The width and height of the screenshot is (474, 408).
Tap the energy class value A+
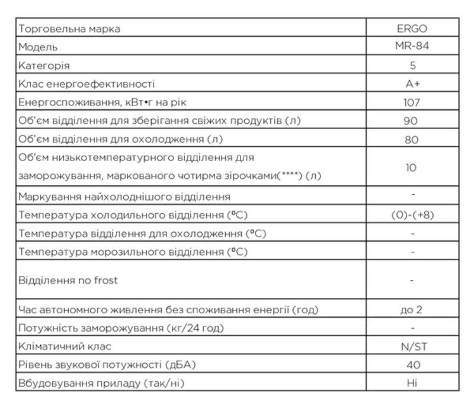click(x=412, y=83)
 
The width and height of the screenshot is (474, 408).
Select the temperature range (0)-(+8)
click(x=412, y=215)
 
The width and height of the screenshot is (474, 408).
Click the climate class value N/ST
click(x=412, y=346)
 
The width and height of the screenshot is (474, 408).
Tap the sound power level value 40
click(x=412, y=365)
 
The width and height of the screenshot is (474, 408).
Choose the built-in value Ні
click(x=412, y=383)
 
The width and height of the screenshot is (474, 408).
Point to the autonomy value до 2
click(x=412, y=309)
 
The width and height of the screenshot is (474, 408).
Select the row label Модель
click(x=38, y=47)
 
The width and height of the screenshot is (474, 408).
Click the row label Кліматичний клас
click(x=65, y=346)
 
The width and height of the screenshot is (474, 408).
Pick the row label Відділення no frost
click(x=68, y=280)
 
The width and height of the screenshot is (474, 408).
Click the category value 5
click(x=412, y=65)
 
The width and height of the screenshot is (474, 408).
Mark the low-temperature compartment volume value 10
click(x=412, y=168)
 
